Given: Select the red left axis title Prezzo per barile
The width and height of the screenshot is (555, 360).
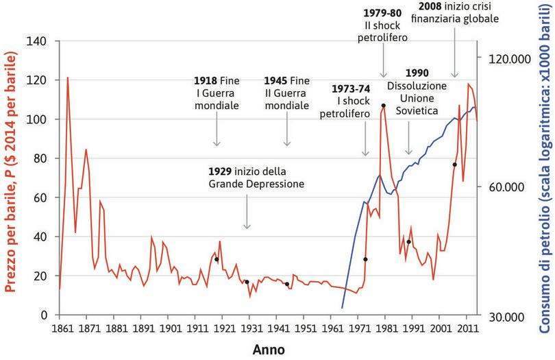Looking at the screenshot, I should pyautogui.click(x=12, y=178).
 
